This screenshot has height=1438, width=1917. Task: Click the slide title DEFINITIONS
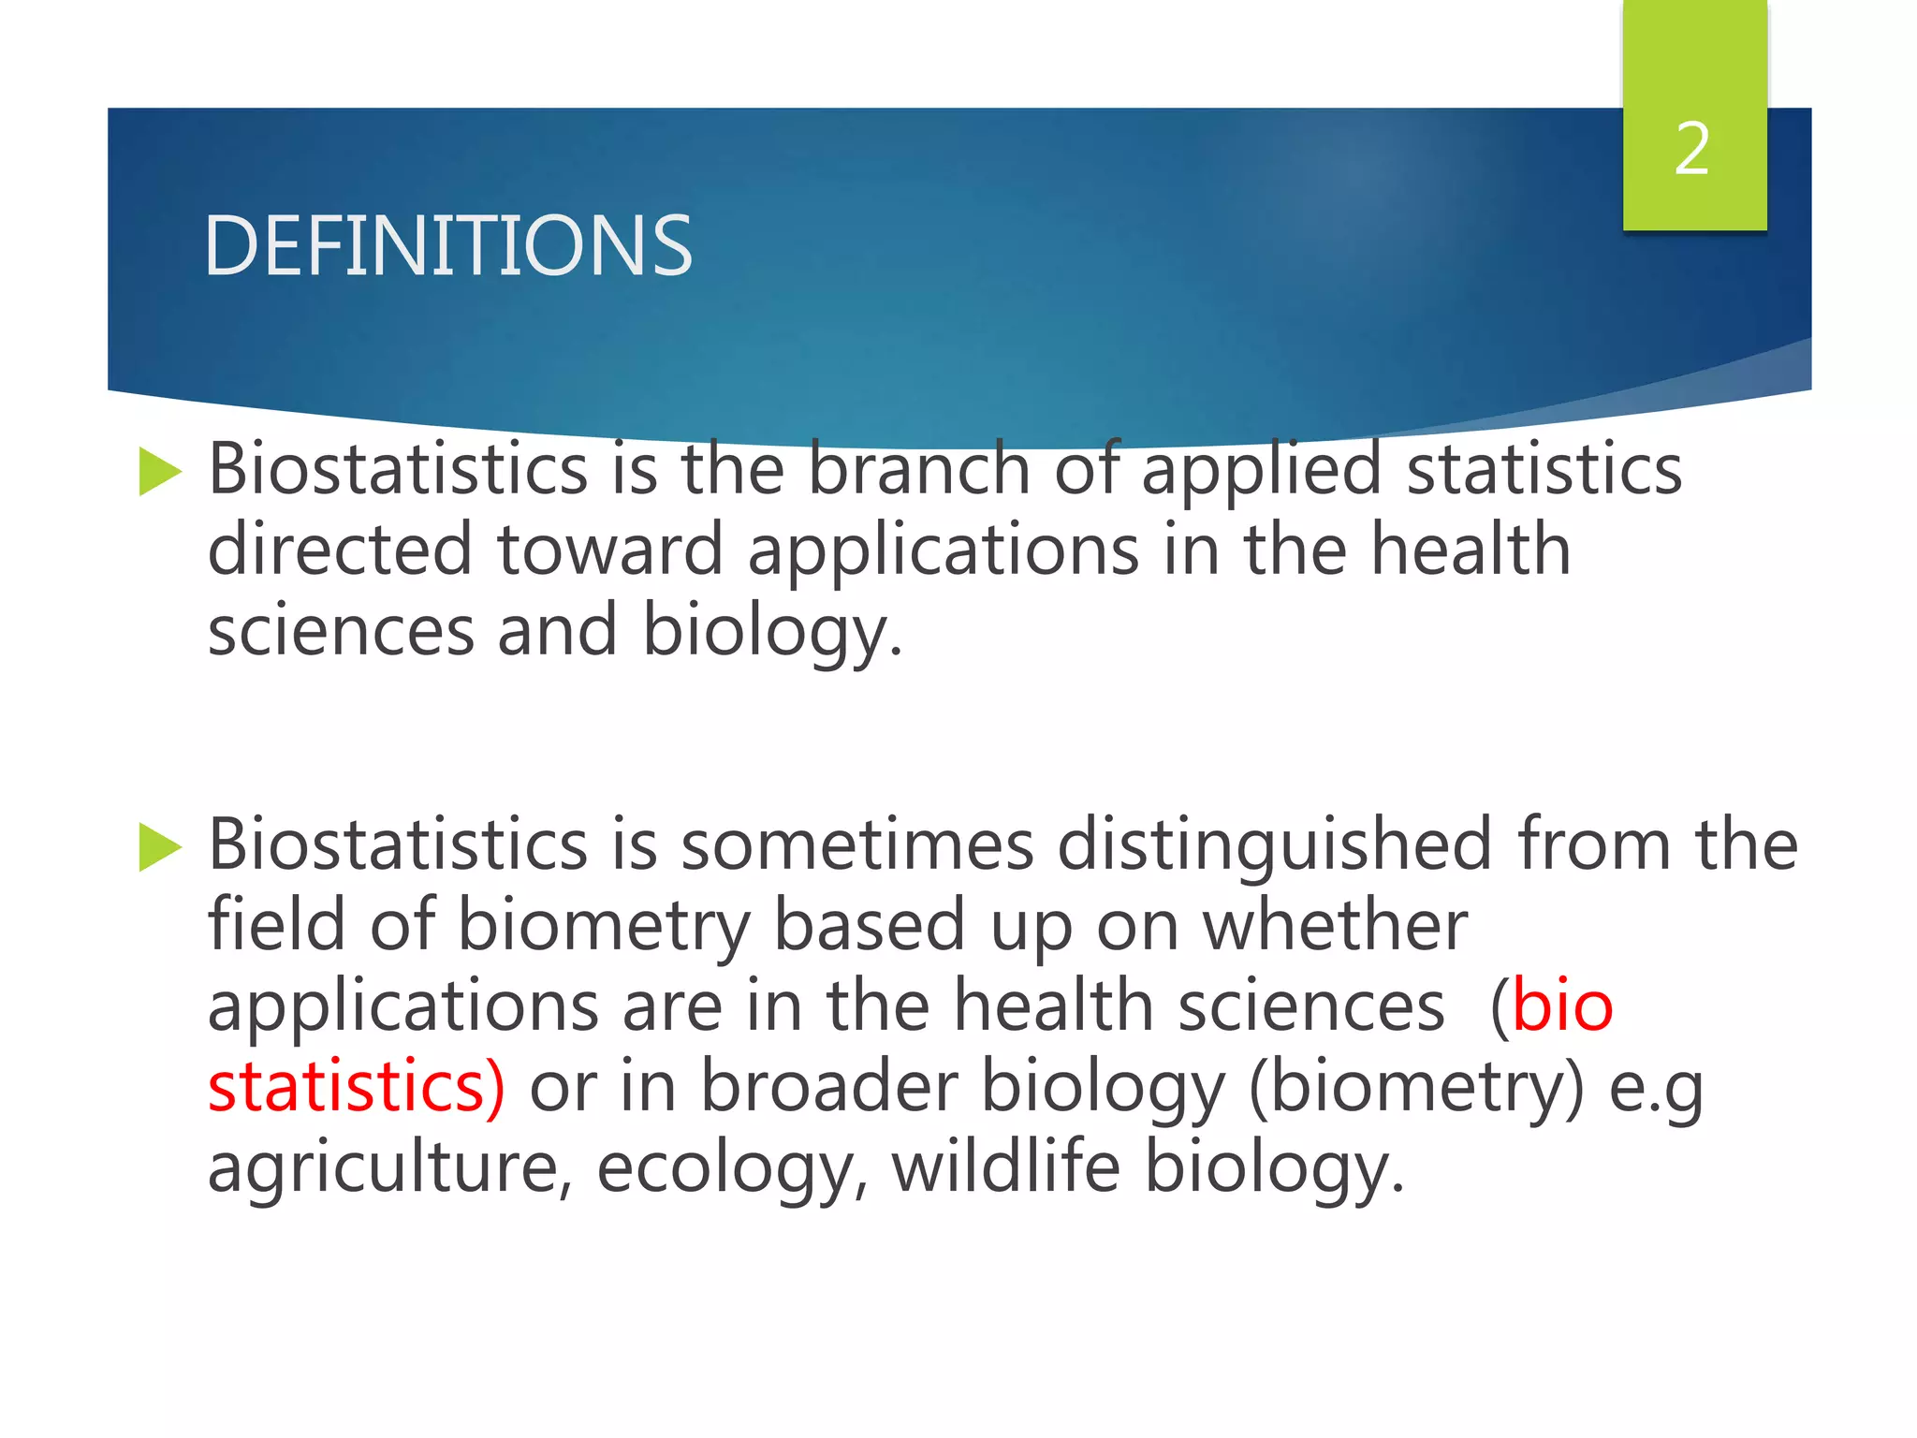[x=447, y=245]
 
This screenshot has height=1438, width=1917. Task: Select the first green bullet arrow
[x=159, y=471]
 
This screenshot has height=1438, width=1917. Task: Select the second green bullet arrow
[x=159, y=846]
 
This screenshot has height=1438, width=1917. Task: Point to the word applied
[x=1261, y=470]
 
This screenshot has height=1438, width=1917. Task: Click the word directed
[x=340, y=550]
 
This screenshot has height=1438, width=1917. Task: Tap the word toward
[x=610, y=550]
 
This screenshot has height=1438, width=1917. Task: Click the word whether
[x=1335, y=926]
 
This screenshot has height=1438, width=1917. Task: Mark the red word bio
[x=1562, y=1006]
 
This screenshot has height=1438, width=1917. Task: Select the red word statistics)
[x=357, y=1087]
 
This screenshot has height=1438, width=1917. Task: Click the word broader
[x=828, y=1087]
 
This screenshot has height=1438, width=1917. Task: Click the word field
[x=276, y=926]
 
